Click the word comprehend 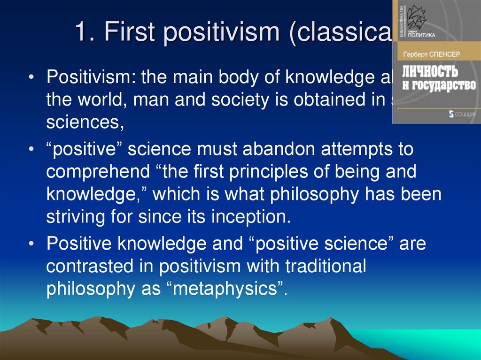pyautogui.click(x=95, y=171)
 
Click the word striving pyautogui.click(x=72, y=217)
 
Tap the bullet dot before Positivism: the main pyautogui.click(x=31, y=79)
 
